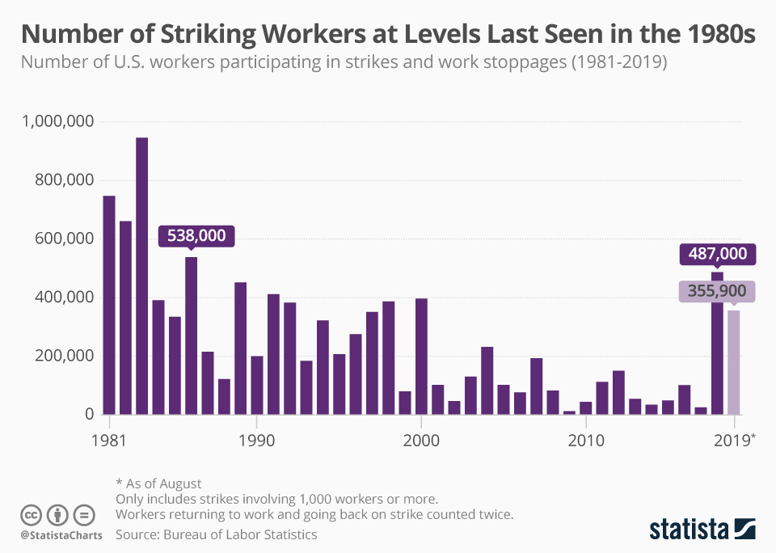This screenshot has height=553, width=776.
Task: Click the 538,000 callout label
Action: (x=196, y=236)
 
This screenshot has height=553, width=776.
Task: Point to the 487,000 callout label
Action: (x=718, y=254)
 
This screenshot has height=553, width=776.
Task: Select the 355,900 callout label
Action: (x=718, y=291)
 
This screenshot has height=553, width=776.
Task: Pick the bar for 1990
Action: (x=257, y=385)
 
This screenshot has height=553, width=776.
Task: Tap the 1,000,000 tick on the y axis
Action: (x=59, y=121)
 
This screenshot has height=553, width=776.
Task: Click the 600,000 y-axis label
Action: (x=65, y=239)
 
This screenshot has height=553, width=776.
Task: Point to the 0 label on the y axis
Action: (x=90, y=414)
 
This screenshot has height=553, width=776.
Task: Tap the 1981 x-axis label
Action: (x=108, y=441)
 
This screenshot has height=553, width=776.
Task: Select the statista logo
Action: (x=702, y=530)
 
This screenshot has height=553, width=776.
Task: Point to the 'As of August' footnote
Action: (x=158, y=483)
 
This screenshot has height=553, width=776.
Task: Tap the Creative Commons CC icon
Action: (x=31, y=514)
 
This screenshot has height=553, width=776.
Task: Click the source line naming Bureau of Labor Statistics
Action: (x=217, y=534)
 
